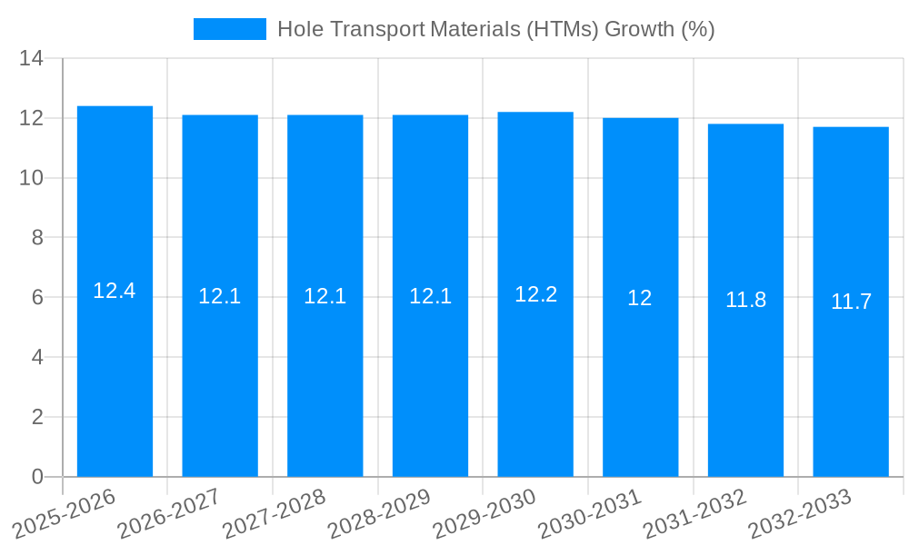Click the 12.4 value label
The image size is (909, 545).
(x=115, y=291)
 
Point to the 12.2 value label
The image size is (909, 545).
(x=535, y=294)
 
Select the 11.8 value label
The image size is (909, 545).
(x=745, y=300)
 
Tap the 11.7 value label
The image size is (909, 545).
(x=851, y=302)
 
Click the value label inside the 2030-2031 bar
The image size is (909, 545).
(x=640, y=298)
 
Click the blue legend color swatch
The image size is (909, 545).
(x=230, y=29)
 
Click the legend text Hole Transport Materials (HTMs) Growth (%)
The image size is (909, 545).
(x=495, y=29)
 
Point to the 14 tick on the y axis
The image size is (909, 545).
(x=32, y=59)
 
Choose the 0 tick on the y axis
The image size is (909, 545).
(x=37, y=477)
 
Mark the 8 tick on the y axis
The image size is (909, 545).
(x=37, y=238)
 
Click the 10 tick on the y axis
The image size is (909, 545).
(x=32, y=178)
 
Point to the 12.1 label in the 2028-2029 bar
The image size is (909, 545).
(x=430, y=296)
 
